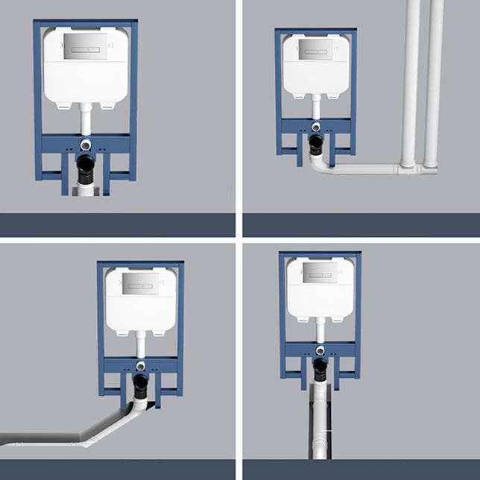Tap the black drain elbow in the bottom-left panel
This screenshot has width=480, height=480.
pyautogui.click(x=140, y=385)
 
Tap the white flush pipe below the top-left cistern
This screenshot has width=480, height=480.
pyautogui.click(x=86, y=119)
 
